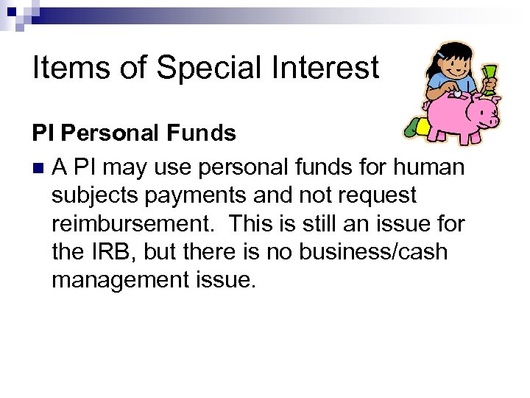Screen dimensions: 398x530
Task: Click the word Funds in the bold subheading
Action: [201, 133]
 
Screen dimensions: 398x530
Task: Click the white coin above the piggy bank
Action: [457, 94]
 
